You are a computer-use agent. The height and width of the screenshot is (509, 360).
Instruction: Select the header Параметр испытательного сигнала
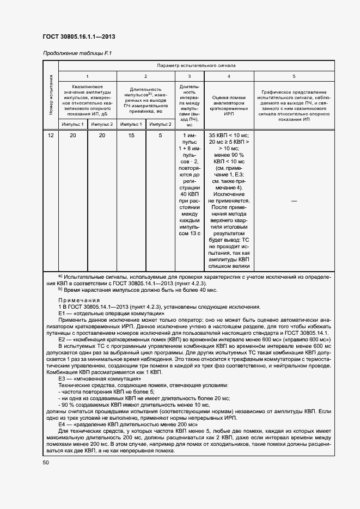[196, 65]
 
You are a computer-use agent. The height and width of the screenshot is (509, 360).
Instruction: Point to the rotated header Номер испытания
[51, 95]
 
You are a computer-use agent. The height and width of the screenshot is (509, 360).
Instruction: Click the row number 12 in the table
[51, 136]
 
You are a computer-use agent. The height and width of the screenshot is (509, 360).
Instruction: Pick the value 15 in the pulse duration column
[131, 136]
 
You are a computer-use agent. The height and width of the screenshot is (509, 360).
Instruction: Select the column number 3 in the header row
[189, 77]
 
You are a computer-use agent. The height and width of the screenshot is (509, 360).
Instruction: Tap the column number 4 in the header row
[228, 77]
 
